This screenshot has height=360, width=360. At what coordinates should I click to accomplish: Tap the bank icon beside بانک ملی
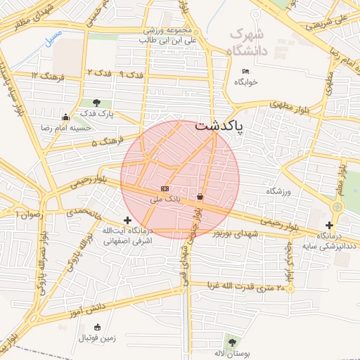[165, 189]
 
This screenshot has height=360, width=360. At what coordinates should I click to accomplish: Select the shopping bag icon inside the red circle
[201, 197]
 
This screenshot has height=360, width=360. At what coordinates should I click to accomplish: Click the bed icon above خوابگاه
[245, 71]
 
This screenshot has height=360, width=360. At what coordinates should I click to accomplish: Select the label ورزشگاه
[278, 191]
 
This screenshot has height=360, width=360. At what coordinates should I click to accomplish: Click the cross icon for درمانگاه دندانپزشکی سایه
[329, 225]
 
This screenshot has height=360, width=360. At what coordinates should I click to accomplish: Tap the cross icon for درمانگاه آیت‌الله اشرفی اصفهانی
[127, 221]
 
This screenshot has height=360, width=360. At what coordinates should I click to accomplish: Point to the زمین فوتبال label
[94, 339]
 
